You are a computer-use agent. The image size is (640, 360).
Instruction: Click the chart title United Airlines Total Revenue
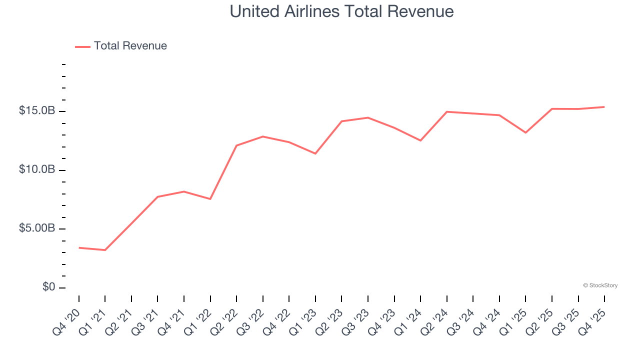click(341, 11)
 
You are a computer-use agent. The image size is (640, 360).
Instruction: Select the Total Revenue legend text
click(130, 46)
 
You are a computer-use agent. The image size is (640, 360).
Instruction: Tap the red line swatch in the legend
click(82, 46)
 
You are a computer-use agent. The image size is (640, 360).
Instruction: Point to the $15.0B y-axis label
click(36, 110)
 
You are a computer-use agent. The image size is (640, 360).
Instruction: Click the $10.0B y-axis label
click(36, 169)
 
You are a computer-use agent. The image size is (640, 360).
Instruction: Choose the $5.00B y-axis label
click(36, 228)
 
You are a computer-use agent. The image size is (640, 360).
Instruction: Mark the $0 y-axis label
click(48, 287)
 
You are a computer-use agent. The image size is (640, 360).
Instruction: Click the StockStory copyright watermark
click(600, 285)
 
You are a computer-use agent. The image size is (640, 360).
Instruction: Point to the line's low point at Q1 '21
click(105, 250)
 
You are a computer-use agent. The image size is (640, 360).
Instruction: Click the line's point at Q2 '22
click(236, 145)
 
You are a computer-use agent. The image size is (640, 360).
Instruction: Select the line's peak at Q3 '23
click(368, 117)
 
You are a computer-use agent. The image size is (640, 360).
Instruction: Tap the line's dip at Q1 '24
click(420, 140)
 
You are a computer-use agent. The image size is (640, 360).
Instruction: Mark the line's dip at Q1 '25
click(525, 132)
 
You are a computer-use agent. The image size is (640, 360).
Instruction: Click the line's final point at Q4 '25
click(604, 107)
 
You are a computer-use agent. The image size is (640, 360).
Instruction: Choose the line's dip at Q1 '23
click(315, 153)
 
